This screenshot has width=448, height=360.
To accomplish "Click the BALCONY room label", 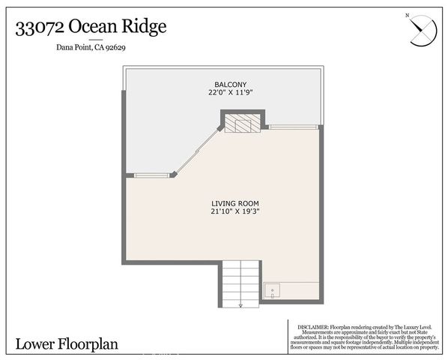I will pyautogui.click(x=226, y=84).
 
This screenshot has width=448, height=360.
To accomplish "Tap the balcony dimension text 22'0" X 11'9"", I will pyautogui.click(x=226, y=93).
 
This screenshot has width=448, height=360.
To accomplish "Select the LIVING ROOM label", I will pyautogui.click(x=234, y=203).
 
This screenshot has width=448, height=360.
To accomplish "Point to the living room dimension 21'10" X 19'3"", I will pyautogui.click(x=234, y=212).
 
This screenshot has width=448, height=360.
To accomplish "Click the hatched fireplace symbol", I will pyautogui.click(x=243, y=123).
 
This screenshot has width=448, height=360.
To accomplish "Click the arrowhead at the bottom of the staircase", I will pyautogui.click(x=240, y=305).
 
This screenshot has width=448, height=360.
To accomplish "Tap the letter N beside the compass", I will pyautogui.click(x=407, y=15).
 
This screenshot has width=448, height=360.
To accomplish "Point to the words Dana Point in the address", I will pyautogui.click(x=74, y=49).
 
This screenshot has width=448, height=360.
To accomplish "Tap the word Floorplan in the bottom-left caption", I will pyautogui.click(x=96, y=344).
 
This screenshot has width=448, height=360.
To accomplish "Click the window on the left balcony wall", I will pyautogui.click(x=152, y=175).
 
